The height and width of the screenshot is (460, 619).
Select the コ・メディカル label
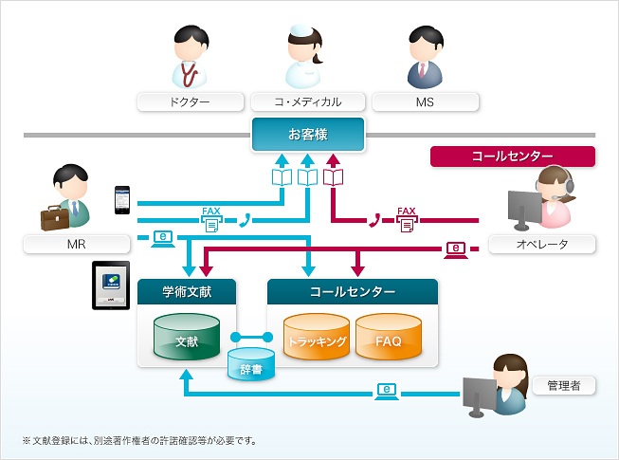click(x=309, y=101)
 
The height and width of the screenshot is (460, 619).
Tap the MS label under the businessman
click(x=425, y=101)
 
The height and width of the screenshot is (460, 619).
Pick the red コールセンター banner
click(x=513, y=156)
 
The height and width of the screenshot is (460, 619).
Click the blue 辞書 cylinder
click(x=251, y=364)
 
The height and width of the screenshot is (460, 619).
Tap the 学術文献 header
click(x=187, y=291)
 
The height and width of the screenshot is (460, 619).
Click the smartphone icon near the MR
click(x=122, y=199)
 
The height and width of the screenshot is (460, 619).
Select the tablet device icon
click(x=111, y=285)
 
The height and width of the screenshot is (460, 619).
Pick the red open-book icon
click(x=333, y=177)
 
